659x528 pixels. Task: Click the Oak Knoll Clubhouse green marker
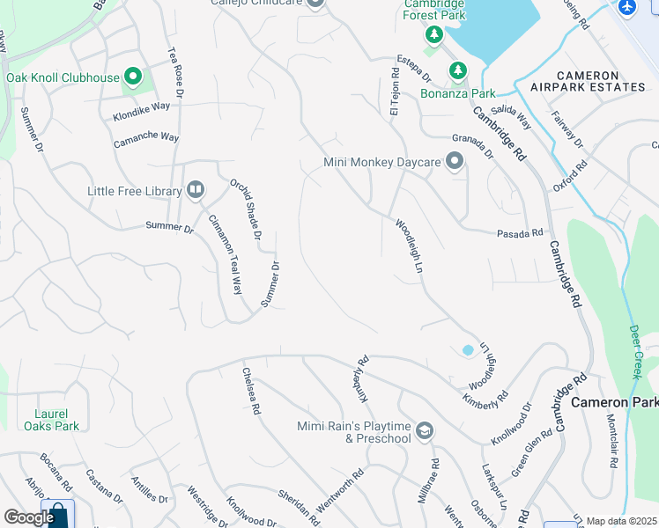click(134, 77)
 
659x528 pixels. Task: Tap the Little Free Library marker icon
click(196, 190)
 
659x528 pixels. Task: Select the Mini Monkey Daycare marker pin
click(455, 162)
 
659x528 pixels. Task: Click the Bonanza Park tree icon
click(457, 70)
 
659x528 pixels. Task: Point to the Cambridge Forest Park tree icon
click(433, 34)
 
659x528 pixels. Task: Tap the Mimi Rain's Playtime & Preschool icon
click(425, 430)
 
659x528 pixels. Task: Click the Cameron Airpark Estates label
click(588, 87)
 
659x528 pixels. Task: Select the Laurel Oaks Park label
click(58, 419)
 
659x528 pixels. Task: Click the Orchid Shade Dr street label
click(247, 209)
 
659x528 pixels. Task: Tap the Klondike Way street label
click(141, 111)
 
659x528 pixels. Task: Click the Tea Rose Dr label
click(175, 70)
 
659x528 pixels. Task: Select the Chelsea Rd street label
click(251, 392)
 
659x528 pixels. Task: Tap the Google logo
click(29, 517)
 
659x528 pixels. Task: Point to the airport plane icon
click(626, 7)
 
